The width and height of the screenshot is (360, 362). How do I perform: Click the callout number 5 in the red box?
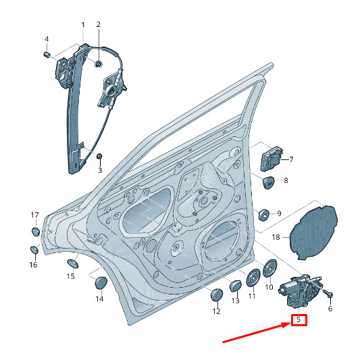pos(299,319)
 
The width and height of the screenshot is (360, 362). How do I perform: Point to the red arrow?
pos(256,333)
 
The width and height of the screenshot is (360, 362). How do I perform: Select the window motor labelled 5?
pos(299,291)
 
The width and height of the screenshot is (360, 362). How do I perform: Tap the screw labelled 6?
pos(328,293)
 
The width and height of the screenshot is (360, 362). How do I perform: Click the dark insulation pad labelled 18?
pos(313,232)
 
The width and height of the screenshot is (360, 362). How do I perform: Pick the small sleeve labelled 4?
pos(47,55)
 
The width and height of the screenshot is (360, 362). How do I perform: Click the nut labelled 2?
pos(99,63)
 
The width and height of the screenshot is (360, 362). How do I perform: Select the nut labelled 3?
pos(99,156)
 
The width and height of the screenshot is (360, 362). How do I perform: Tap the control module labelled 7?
pos(272,159)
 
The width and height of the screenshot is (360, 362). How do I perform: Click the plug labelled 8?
pos(268,182)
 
